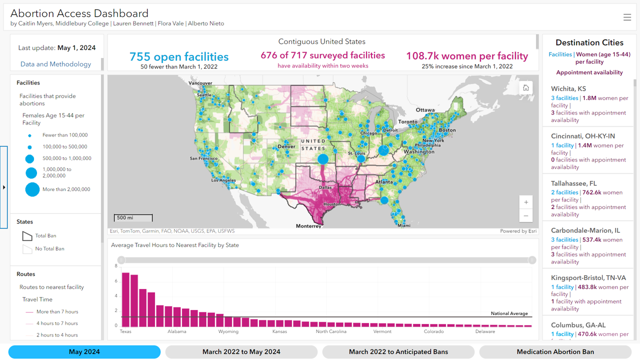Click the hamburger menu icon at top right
point(627,17)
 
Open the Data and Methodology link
point(55,64)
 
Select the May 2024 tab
point(84,352)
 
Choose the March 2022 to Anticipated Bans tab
point(398,352)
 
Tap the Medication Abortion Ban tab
point(555,352)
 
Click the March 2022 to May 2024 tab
point(241,352)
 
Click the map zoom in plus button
point(526,202)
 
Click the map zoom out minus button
point(526,216)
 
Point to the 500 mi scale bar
point(133,218)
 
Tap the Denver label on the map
point(286,146)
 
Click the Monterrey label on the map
point(308,226)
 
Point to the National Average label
point(509,313)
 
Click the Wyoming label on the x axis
point(228,331)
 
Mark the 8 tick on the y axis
point(116,266)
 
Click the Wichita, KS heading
point(568,89)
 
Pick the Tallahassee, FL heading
point(573,183)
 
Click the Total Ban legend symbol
point(27,236)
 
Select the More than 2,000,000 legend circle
point(32,189)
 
